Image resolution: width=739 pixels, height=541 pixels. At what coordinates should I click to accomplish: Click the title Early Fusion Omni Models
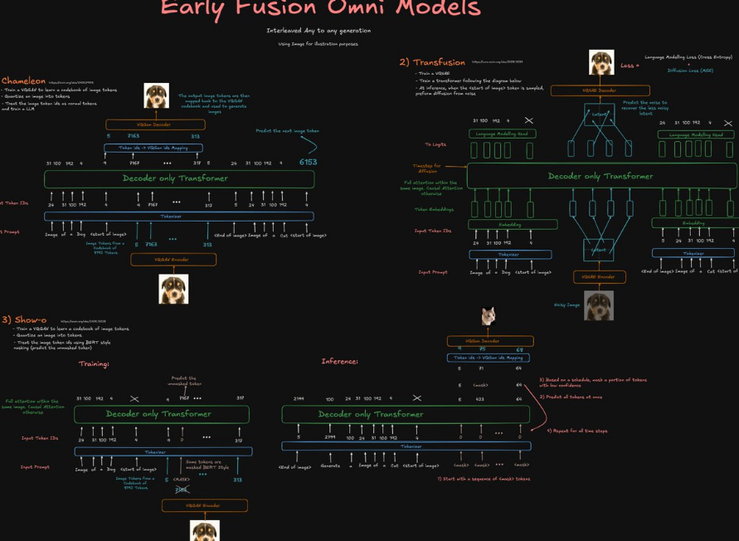[320, 9]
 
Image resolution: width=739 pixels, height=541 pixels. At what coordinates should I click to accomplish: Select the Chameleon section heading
[23, 81]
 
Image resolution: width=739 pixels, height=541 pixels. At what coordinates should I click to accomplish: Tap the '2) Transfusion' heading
[432, 62]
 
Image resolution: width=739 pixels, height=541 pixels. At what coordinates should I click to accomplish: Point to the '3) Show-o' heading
[24, 319]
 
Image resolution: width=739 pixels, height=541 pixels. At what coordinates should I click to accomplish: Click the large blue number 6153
[308, 163]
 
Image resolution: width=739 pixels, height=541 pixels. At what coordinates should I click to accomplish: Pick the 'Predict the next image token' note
[287, 131]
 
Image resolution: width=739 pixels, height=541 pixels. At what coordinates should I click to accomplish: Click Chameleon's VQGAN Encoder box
[173, 260]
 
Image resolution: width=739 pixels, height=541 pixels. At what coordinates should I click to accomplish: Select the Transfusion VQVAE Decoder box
[600, 90]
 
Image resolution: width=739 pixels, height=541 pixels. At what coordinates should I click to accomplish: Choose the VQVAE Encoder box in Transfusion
[599, 276]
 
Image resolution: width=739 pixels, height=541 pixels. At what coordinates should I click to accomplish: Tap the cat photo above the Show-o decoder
[489, 316]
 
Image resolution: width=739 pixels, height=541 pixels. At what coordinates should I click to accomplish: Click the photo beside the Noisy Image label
[599, 305]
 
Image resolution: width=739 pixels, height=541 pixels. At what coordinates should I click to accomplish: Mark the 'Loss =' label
[630, 66]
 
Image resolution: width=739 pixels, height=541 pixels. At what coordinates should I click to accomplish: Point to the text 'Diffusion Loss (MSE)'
[691, 71]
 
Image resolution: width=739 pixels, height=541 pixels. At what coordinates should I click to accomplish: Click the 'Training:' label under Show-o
[94, 363]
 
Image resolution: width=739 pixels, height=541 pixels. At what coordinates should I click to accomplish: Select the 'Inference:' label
[340, 362]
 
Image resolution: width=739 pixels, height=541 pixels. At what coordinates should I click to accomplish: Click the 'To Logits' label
[435, 144]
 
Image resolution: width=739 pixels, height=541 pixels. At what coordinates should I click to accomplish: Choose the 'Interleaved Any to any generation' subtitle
[318, 31]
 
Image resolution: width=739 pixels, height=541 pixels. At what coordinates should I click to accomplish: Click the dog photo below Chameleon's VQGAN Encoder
[173, 290]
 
